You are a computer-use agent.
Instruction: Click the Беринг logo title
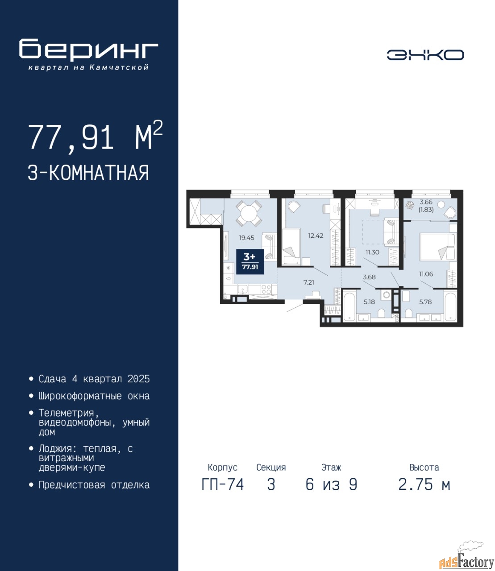coord(89,50)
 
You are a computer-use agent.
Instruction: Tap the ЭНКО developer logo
coord(425,55)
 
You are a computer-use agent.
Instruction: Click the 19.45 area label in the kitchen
coord(246,238)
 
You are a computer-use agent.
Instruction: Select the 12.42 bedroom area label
coord(316,236)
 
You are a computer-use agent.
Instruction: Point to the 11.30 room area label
coord(372,252)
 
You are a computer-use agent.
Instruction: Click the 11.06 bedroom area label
coord(426,274)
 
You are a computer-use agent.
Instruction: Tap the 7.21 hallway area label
coord(309,282)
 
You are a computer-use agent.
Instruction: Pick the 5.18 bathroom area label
coord(369,302)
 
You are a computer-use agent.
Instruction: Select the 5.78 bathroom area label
coord(425,302)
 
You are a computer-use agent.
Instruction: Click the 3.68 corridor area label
coord(369,277)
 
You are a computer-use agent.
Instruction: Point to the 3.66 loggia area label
coord(426,202)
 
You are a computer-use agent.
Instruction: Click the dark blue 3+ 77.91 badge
coord(250,261)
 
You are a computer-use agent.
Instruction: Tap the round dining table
coord(249,213)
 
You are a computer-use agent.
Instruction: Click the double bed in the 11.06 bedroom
coord(437,247)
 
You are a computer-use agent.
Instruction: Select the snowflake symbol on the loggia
coord(410,205)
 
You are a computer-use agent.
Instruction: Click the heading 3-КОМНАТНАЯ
coord(88,172)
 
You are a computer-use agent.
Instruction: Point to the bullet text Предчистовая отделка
coord(94,485)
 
